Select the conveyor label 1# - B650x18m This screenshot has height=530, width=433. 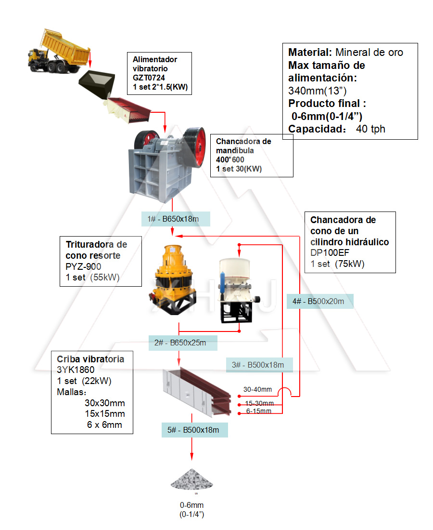(x=173, y=219)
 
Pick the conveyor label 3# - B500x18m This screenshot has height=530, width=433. (x=258, y=365)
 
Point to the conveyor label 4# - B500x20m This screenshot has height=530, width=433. (x=318, y=301)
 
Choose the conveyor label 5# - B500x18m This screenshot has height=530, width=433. (x=194, y=430)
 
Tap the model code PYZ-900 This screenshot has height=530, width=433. (x=83, y=266)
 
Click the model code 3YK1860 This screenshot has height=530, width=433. (x=76, y=370)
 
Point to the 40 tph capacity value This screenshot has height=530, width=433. (x=371, y=129)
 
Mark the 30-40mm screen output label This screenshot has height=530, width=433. (x=257, y=389)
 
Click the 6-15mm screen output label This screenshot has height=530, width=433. (x=259, y=411)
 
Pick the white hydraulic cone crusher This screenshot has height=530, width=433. (x=234, y=289)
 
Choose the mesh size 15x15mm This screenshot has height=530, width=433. (x=104, y=414)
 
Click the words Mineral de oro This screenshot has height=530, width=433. (x=369, y=52)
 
